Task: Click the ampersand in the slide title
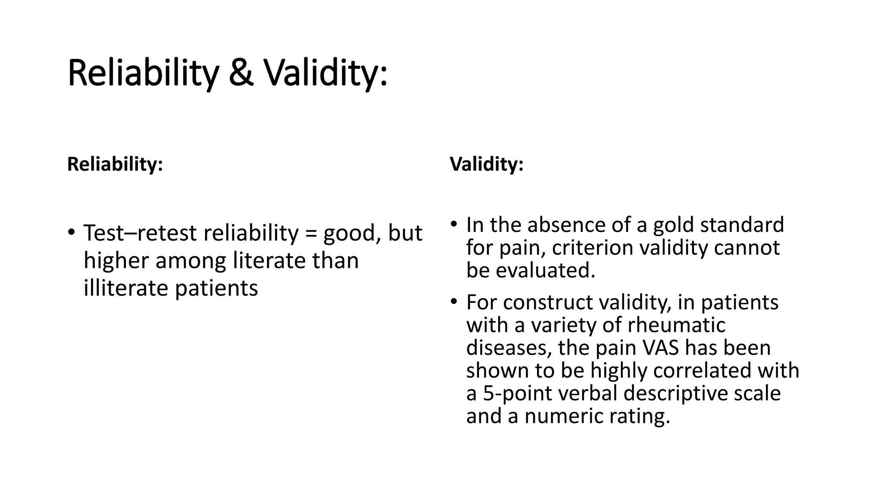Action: coord(241,73)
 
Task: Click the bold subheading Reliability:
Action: coord(115,164)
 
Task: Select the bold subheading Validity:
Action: coord(486,164)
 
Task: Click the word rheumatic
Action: coord(676,325)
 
